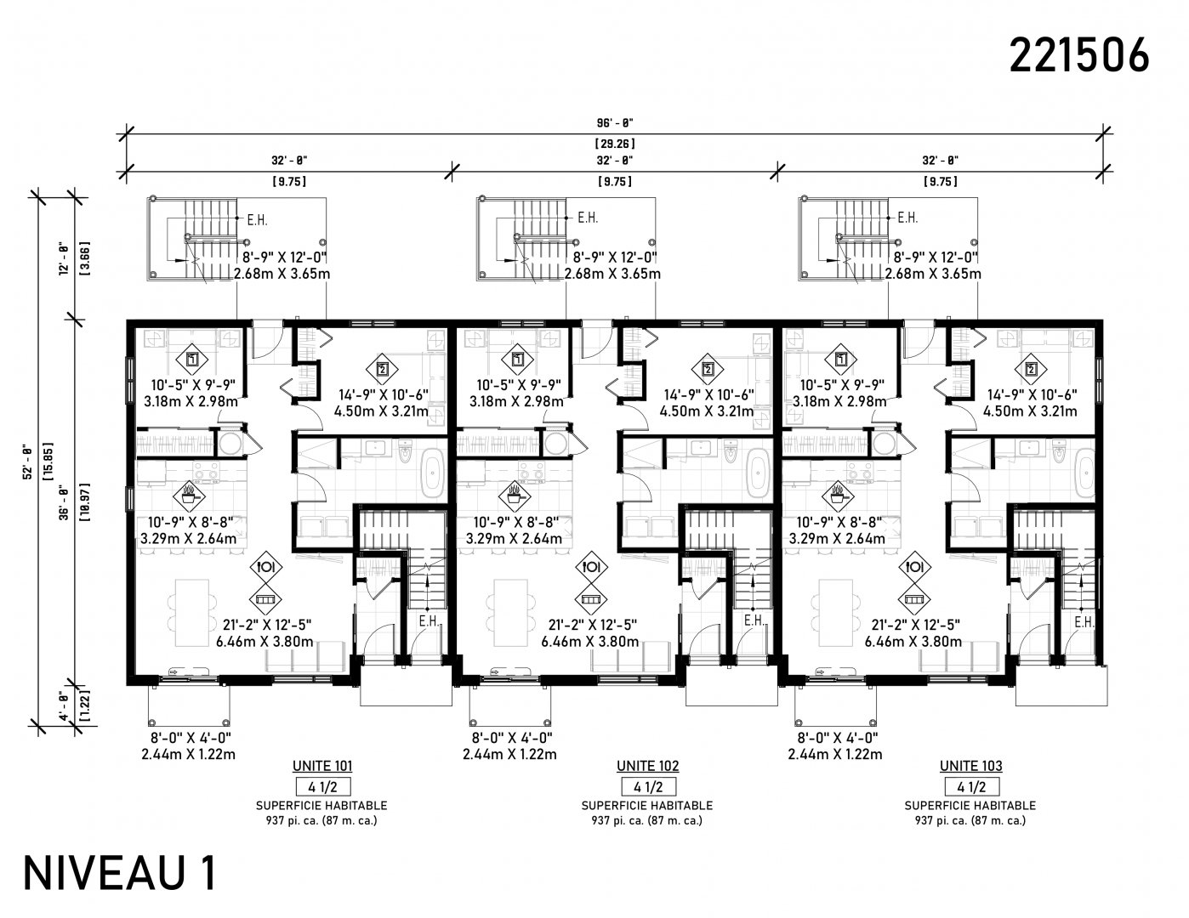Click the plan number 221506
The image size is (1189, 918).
pyautogui.click(x=1079, y=56)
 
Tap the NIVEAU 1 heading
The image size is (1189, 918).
pyautogui.click(x=120, y=875)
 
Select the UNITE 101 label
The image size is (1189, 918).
pyautogui.click(x=322, y=766)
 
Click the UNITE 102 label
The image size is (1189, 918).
pyautogui.click(x=648, y=766)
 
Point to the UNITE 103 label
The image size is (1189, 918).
pyautogui.click(x=971, y=766)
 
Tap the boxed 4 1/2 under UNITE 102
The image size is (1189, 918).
pyautogui.click(x=648, y=787)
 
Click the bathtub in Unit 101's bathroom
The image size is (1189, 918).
pyautogui.click(x=434, y=472)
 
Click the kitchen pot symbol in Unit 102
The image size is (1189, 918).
pyautogui.click(x=514, y=496)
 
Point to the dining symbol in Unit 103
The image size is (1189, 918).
pyautogui.click(x=914, y=566)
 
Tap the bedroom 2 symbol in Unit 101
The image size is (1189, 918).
pyautogui.click(x=382, y=369)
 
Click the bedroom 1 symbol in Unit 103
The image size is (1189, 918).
pyautogui.click(x=841, y=360)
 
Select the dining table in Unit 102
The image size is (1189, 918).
pyautogui.click(x=510, y=613)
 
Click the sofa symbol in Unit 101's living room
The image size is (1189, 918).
pyautogui.click(x=265, y=599)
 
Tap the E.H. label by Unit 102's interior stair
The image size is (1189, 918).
pyautogui.click(x=754, y=620)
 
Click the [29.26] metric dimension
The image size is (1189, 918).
pyautogui.click(x=615, y=144)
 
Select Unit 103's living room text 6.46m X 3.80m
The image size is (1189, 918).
pyautogui.click(x=913, y=642)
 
